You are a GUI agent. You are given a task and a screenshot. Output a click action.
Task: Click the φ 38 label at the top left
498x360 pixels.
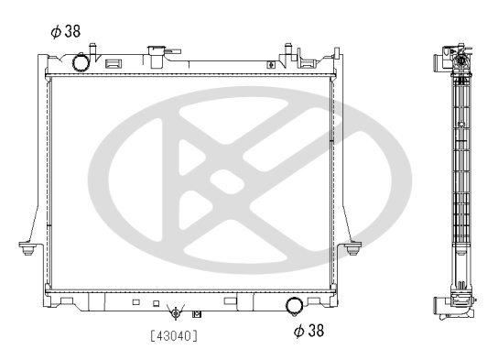click(x=66, y=31)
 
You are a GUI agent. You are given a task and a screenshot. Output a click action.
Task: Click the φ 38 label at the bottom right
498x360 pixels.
click(x=309, y=330)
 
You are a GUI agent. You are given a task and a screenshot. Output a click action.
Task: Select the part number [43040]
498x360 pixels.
click(x=174, y=335)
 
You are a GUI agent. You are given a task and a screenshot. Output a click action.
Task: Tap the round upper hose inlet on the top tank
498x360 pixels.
click(x=81, y=62)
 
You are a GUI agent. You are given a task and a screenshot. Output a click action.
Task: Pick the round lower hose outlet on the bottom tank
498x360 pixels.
click(x=295, y=306)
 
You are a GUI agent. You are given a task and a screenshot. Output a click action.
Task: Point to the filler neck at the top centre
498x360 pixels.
click(x=157, y=56)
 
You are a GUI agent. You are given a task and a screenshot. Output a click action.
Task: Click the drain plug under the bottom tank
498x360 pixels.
click(x=176, y=313)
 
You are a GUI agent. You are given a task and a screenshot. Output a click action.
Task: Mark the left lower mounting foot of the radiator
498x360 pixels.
click(x=27, y=248)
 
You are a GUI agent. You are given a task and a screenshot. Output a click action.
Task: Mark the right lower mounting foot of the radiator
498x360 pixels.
click(x=352, y=248)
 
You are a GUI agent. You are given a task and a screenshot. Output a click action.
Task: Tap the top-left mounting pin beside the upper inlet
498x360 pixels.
click(x=92, y=50)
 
